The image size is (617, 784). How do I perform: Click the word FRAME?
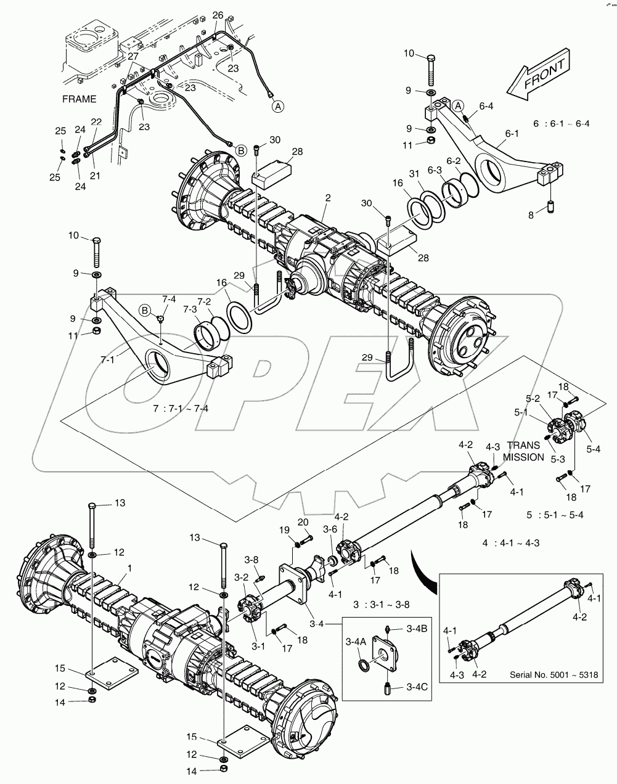click(x=80, y=99)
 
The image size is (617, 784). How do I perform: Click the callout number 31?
click(x=415, y=173)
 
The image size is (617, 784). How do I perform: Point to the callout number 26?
click(x=218, y=14)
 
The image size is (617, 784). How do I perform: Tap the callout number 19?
click(x=283, y=530)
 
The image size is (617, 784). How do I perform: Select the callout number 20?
click(x=303, y=523)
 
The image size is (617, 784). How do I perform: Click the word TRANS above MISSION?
click(x=523, y=445)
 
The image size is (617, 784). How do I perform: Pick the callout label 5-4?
click(x=593, y=449)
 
